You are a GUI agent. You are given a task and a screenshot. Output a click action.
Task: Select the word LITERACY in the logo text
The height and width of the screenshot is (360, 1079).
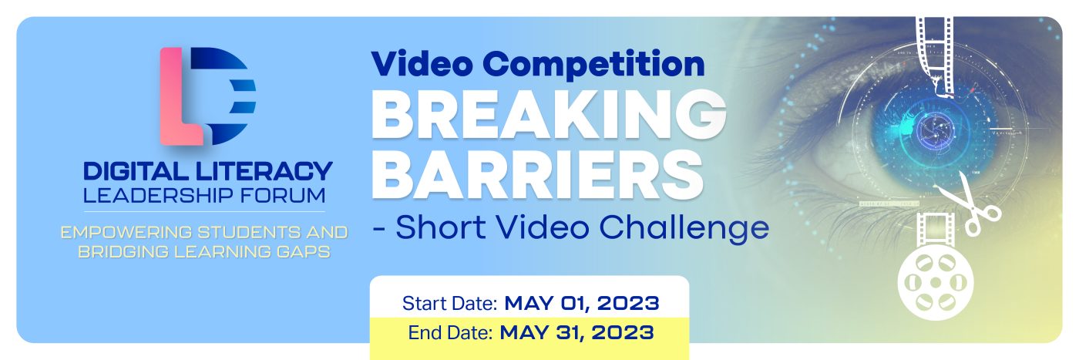[x=264, y=171]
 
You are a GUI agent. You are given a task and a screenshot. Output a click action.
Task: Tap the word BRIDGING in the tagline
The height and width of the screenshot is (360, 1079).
[x=123, y=251]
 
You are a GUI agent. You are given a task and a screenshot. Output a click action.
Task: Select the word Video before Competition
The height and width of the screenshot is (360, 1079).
[x=422, y=64]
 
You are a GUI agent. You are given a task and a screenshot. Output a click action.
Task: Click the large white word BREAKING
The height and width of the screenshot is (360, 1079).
[x=549, y=115]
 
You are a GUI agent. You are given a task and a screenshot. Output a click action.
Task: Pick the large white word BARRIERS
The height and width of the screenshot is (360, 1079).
[x=538, y=174]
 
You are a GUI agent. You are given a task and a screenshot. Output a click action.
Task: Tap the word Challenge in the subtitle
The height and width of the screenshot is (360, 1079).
[x=684, y=228]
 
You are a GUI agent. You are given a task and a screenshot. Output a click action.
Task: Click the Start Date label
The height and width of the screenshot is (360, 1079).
[x=449, y=304]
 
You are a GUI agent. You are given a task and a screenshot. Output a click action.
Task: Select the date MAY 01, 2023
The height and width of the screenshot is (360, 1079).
[x=582, y=303]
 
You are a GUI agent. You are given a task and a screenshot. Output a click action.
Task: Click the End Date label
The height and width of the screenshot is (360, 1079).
[x=450, y=333]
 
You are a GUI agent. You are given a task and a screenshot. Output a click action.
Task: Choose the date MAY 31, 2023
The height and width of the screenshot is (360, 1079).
[x=577, y=332]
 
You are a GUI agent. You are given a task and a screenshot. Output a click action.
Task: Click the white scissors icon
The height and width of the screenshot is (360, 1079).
[x=968, y=205]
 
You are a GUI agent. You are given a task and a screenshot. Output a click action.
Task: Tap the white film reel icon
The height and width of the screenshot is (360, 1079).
[x=936, y=282]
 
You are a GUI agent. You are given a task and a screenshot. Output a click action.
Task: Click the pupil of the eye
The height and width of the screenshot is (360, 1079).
[x=936, y=131]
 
